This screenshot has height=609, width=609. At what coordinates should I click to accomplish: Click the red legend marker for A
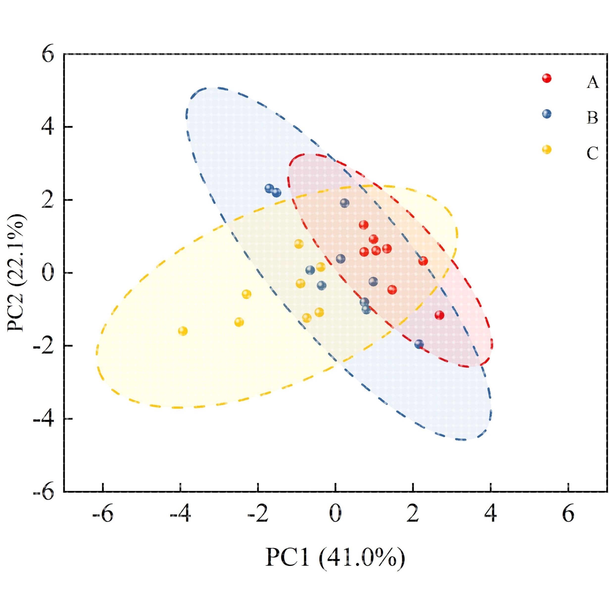click(547, 78)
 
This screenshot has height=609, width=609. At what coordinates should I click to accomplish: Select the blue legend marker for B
click(547, 114)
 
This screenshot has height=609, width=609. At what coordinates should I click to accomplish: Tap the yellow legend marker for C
click(547, 149)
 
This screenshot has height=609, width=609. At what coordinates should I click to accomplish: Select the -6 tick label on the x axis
click(103, 514)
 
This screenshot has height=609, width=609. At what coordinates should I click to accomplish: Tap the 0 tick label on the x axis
click(335, 514)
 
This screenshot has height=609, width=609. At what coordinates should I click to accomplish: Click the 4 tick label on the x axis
click(490, 514)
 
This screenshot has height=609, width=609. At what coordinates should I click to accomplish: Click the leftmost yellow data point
click(183, 331)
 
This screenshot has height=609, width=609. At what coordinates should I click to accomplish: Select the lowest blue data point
click(419, 344)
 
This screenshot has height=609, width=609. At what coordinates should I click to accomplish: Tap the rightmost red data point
click(439, 315)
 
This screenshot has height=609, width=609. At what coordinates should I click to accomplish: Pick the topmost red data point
click(364, 225)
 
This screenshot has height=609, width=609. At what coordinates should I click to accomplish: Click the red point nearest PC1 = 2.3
click(423, 261)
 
